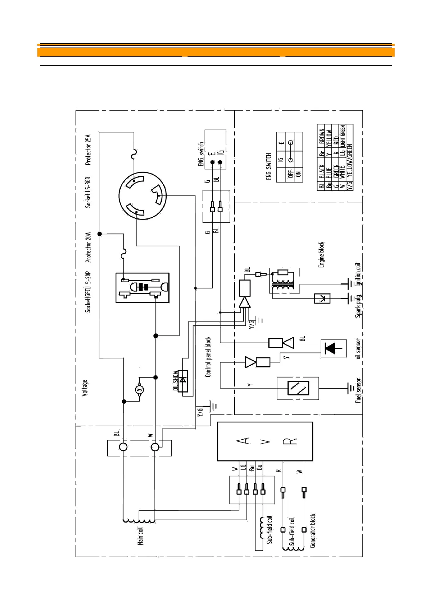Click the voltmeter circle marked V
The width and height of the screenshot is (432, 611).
tap(140, 390)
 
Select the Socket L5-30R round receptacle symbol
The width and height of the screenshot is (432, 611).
tap(143, 196)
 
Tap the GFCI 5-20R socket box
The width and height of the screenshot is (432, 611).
tap(143, 288)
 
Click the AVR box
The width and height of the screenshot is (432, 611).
tap(265, 441)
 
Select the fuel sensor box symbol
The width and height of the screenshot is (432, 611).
tap(298, 388)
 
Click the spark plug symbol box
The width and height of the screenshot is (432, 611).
tap(322, 298)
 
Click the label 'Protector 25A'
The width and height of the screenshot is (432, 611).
tap(88, 149)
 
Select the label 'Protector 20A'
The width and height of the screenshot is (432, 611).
tap(88, 247)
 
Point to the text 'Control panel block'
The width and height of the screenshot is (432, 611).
tap(208, 357)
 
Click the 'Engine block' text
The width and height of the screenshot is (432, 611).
tap(321, 255)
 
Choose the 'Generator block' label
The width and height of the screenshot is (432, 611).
tap(313, 530)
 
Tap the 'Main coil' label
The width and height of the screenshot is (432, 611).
tap(140, 536)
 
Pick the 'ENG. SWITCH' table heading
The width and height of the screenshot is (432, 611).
tap(269, 166)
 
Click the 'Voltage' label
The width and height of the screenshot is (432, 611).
tap(85, 388)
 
